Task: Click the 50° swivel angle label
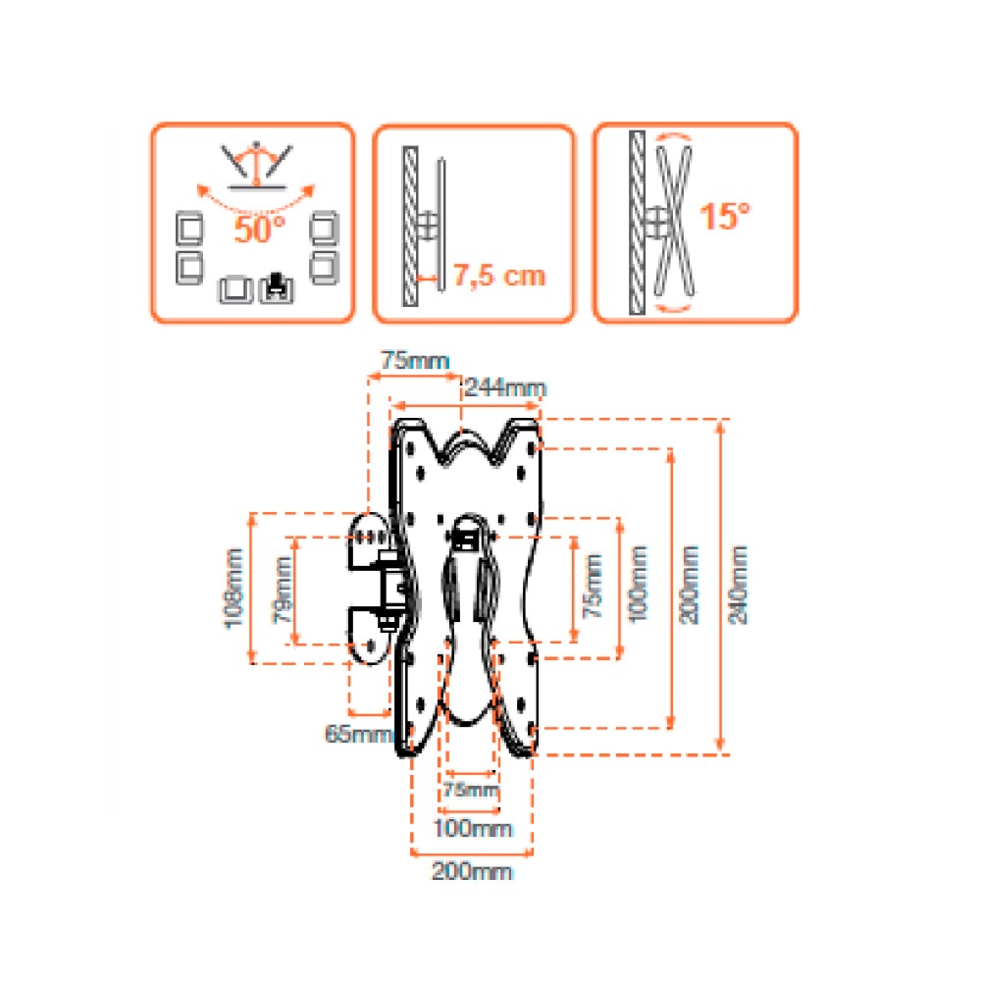(x=260, y=229)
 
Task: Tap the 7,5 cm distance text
(x=498, y=276)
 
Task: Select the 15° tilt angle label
(x=724, y=217)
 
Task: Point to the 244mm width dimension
(x=505, y=387)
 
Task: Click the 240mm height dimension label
(x=739, y=585)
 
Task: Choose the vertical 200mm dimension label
(x=689, y=585)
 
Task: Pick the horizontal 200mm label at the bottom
(x=472, y=871)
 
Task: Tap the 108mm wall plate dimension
(x=234, y=588)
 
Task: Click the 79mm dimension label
(x=283, y=590)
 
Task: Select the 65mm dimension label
(x=358, y=734)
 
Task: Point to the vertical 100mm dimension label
(x=639, y=584)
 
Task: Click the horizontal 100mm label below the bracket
(x=473, y=829)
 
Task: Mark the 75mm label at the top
(x=415, y=361)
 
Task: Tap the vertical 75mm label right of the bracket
(x=593, y=587)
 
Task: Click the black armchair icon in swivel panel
(x=276, y=288)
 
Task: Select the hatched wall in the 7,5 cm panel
(x=410, y=226)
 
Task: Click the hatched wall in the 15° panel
(x=637, y=223)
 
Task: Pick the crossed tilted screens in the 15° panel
(x=674, y=220)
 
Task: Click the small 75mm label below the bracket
(x=471, y=790)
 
